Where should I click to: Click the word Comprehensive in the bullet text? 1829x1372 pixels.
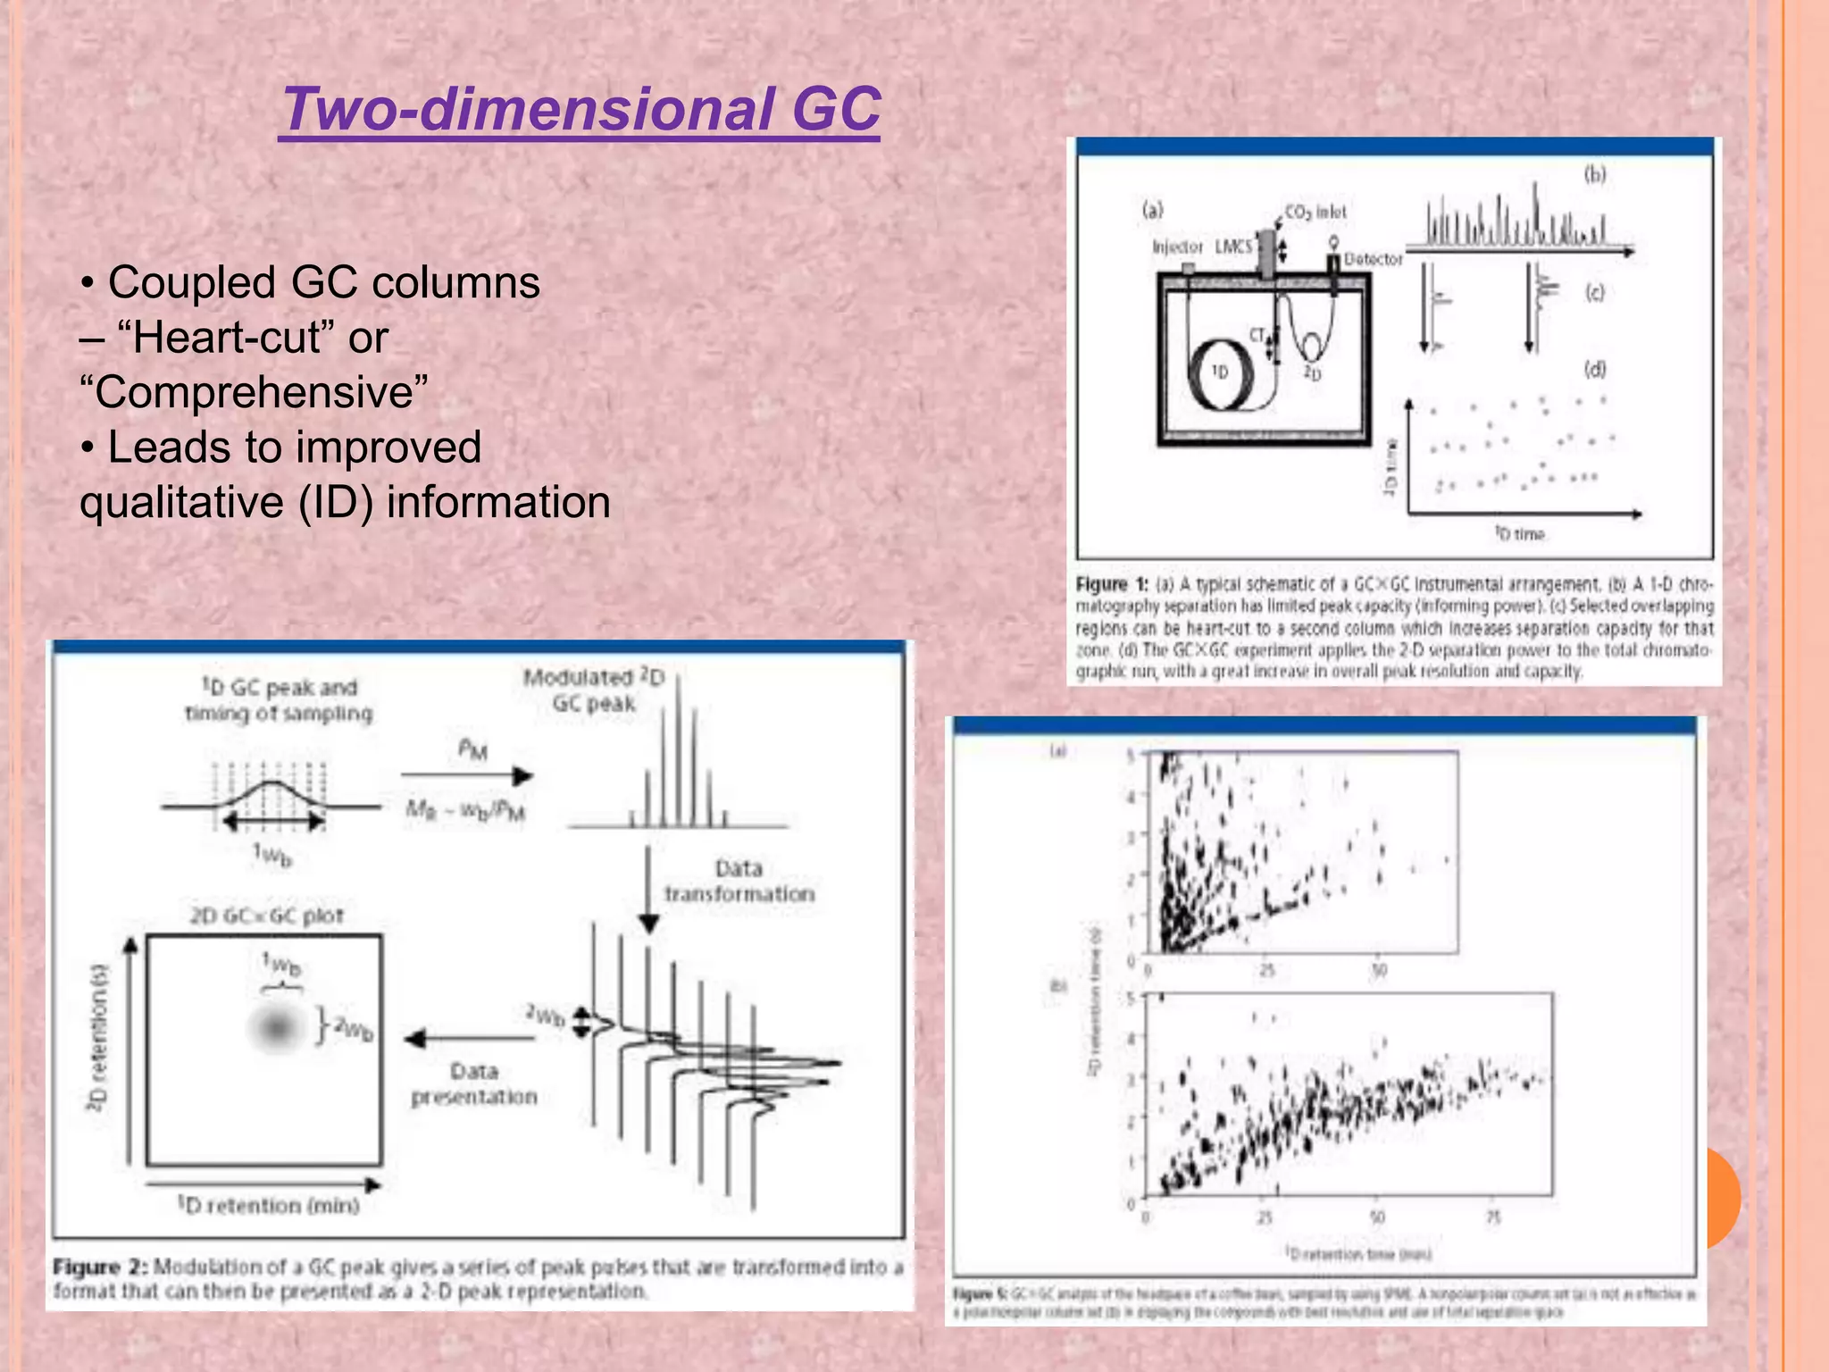pyautogui.click(x=254, y=392)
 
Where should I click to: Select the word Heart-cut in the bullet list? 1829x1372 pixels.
pyautogui.click(x=227, y=338)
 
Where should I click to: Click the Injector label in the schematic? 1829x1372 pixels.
pyautogui.click(x=1177, y=247)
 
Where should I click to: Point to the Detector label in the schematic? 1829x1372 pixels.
pyautogui.click(x=1373, y=259)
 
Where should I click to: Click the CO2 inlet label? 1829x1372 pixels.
pyautogui.click(x=1315, y=212)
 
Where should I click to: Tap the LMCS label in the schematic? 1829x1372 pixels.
pyautogui.click(x=1233, y=246)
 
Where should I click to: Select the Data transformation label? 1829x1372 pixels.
pyautogui.click(x=739, y=881)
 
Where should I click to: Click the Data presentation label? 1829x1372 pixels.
pyautogui.click(x=473, y=1083)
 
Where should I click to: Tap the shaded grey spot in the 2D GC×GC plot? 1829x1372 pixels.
pyautogui.click(x=277, y=1027)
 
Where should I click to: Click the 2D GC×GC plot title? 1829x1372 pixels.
pyautogui.click(x=266, y=916)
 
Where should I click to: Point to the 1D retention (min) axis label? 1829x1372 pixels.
pyautogui.click(x=268, y=1206)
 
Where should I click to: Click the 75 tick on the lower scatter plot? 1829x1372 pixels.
pyautogui.click(x=1493, y=1217)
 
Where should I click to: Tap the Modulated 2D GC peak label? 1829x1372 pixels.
pyautogui.click(x=594, y=690)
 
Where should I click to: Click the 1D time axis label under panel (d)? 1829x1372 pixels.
pyautogui.click(x=1520, y=534)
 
